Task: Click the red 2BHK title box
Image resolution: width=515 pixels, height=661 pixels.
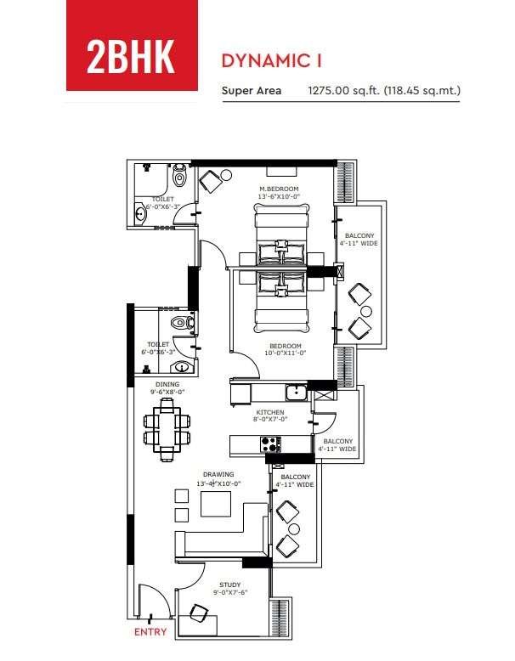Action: (132, 45)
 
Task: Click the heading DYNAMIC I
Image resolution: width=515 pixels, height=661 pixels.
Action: (272, 60)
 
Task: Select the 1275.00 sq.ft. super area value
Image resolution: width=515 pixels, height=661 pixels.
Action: (344, 90)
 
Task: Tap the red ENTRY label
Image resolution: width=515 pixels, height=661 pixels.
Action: (150, 631)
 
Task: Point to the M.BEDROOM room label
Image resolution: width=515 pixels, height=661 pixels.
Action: (279, 189)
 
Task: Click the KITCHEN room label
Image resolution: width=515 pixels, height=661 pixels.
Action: (270, 412)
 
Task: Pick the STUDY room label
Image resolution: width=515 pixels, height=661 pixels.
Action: (229, 585)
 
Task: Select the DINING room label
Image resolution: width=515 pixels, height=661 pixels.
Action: (167, 384)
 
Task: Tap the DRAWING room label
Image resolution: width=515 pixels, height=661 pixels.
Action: (218, 474)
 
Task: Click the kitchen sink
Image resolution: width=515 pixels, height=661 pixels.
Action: (297, 393)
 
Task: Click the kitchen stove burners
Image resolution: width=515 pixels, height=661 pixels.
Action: (270, 444)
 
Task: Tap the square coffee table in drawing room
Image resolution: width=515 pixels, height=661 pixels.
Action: (216, 504)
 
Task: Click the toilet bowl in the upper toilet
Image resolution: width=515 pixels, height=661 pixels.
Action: (179, 176)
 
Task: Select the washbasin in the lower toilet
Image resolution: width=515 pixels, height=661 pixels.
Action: (182, 368)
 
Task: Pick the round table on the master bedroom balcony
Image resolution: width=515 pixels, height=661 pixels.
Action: (366, 312)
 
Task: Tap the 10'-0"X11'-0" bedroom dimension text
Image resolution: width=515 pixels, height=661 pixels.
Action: (286, 353)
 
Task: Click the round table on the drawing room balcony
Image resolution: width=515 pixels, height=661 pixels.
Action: (293, 529)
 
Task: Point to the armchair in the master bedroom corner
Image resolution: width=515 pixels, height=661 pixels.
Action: (211, 181)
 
